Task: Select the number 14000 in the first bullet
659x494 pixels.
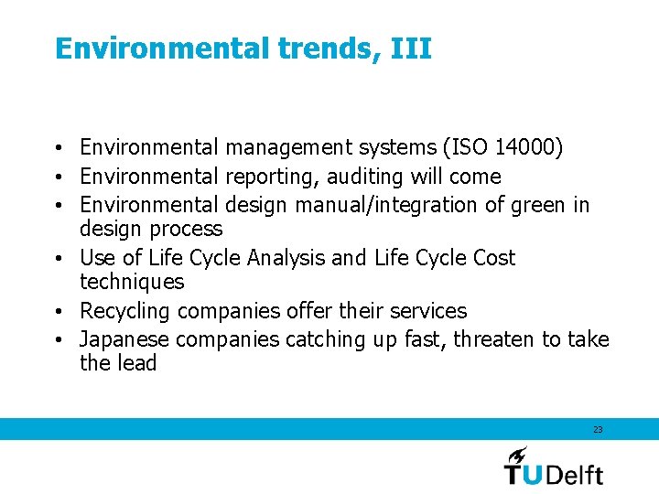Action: [x=525, y=147]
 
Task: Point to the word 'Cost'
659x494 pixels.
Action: [x=494, y=258]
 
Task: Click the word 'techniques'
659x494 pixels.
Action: [x=132, y=282]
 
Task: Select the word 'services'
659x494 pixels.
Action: [x=427, y=311]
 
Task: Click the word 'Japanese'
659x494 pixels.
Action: [x=124, y=339]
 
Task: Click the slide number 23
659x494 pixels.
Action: [x=598, y=429]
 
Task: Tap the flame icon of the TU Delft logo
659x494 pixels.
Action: [x=517, y=455]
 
